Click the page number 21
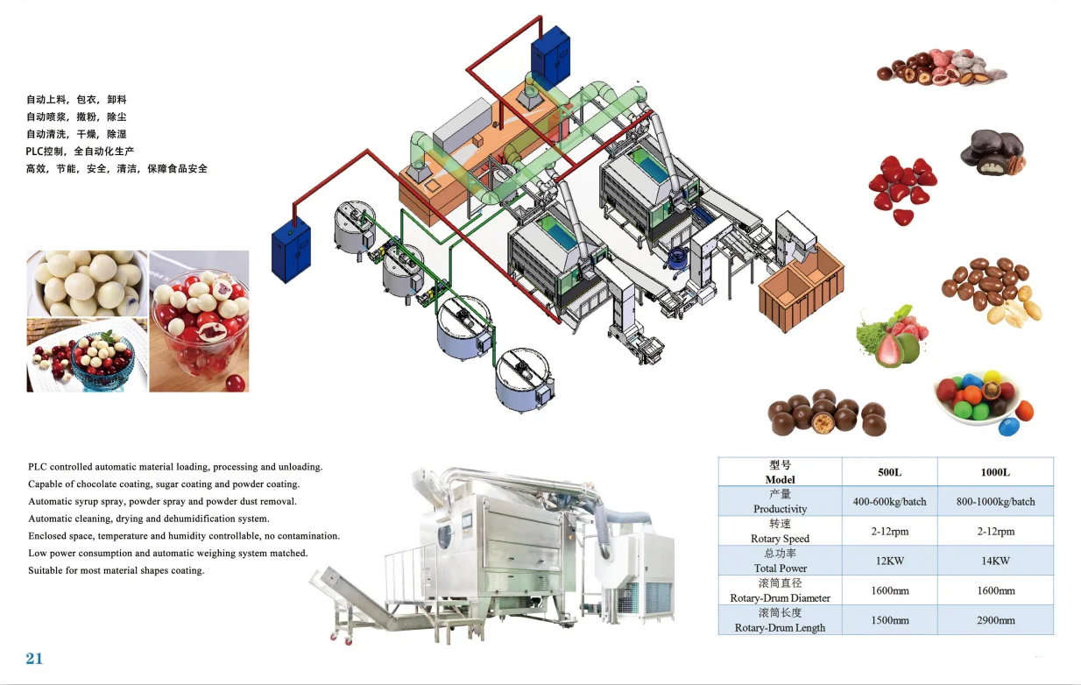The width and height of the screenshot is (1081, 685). pos(34,659)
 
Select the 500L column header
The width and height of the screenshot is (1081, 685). pos(889,472)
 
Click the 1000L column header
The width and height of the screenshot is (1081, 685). pos(995,472)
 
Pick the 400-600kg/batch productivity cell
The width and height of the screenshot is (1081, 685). pos(889,502)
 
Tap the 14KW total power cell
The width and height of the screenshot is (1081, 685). pos(995,561)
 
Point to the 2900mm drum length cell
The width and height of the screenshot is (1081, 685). pos(995,620)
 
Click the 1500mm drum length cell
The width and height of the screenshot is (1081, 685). pos(889,620)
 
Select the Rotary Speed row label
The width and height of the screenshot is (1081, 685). pos(781,531)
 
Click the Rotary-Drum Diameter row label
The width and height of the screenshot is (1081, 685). pos(781,590)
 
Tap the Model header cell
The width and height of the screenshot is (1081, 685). pos(781,472)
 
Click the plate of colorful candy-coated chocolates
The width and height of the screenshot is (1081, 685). pos(982,399)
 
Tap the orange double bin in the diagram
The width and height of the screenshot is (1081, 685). pos(801,286)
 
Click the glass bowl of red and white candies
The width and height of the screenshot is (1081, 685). pos(198,321)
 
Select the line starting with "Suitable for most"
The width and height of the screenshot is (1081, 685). pos(116,571)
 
